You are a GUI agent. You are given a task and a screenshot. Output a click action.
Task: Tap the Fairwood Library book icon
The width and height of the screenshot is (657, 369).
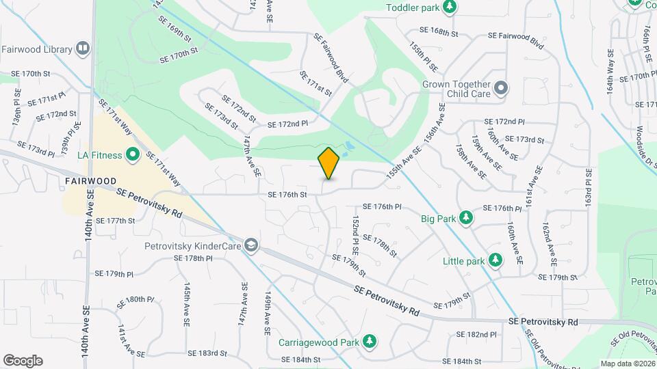click(83, 49)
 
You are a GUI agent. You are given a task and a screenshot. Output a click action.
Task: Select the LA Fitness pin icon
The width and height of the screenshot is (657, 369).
click(133, 155)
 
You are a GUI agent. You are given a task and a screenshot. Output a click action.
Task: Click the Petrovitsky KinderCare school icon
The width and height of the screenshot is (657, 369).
click(252, 245)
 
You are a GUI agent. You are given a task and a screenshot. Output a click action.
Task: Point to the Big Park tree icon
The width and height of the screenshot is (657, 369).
click(466, 217)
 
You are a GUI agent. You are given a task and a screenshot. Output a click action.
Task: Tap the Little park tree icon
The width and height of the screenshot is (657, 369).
click(497, 260)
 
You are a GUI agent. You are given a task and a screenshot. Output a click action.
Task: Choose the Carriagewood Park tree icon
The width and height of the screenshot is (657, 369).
click(370, 341)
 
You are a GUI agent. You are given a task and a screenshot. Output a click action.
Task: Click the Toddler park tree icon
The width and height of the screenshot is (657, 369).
click(450, 8)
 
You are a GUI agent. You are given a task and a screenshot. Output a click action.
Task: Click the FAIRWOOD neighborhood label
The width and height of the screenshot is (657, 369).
click(91, 180)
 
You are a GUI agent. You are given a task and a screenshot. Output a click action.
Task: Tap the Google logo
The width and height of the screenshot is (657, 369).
click(23, 361)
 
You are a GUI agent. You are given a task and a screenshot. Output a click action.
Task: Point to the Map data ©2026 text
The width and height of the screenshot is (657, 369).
click(628, 364)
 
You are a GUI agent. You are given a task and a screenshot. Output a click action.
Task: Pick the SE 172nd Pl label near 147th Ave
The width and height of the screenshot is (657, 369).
click(287, 124)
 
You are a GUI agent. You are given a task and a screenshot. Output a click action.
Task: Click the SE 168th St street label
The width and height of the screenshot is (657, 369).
click(438, 32)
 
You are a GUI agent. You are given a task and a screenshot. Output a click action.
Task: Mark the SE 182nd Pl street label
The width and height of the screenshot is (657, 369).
click(476, 334)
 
